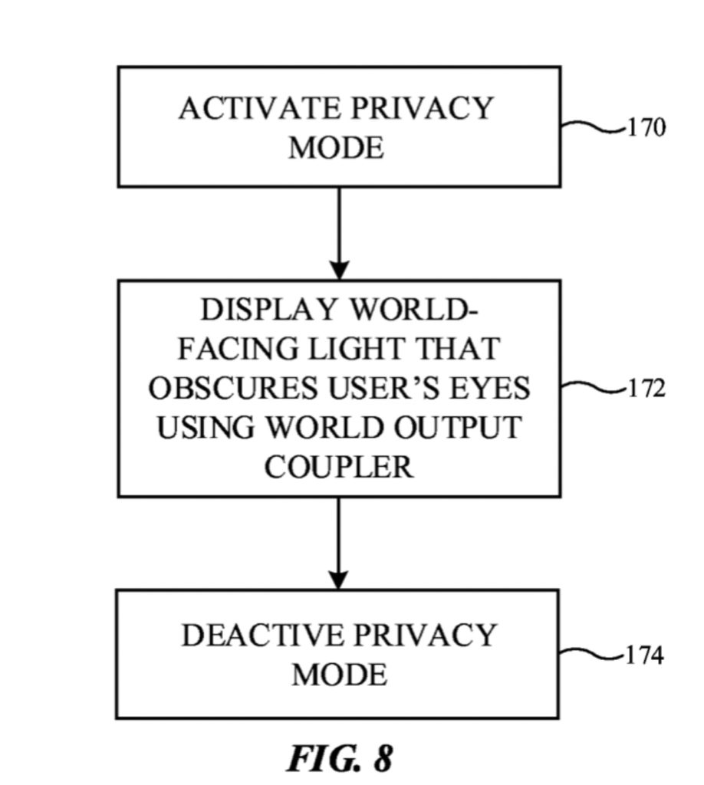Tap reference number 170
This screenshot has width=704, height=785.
(x=646, y=127)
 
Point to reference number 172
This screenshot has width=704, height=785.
(x=646, y=389)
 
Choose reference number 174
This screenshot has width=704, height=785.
(x=644, y=656)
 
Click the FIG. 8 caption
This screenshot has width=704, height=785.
(x=340, y=758)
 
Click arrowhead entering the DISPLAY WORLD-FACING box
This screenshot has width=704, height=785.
(x=339, y=271)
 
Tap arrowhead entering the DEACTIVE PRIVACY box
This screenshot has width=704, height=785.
(x=338, y=580)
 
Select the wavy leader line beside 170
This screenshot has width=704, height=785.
(x=593, y=127)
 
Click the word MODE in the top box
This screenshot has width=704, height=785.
(x=336, y=147)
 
